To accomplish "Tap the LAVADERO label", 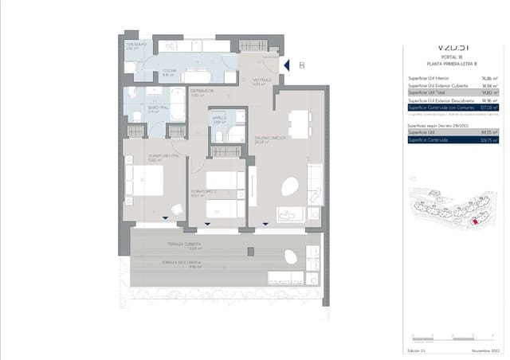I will [133, 45].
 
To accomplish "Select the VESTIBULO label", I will [264, 80].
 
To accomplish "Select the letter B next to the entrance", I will [302, 66].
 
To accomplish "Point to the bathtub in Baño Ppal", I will [178, 104].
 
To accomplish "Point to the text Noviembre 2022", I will [484, 350].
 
